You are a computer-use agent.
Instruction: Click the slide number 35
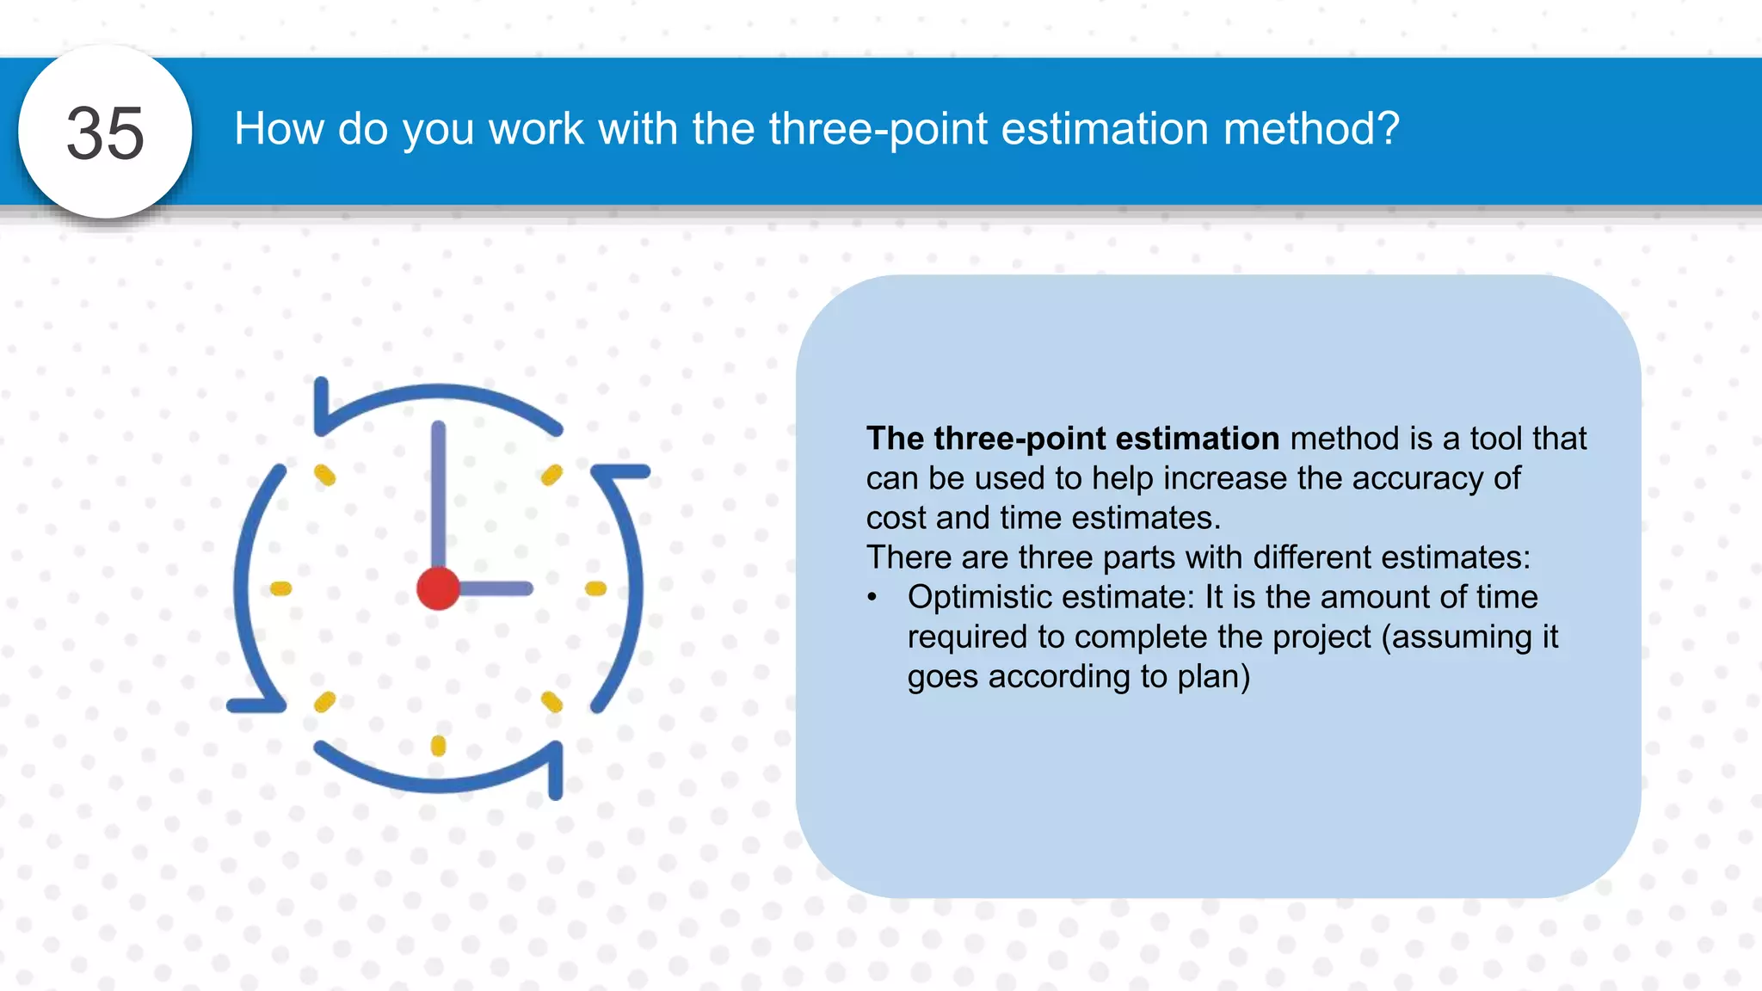[105, 133]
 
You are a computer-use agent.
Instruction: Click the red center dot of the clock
[438, 588]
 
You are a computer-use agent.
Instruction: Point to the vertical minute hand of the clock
[438, 490]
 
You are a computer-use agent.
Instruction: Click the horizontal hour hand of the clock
[495, 588]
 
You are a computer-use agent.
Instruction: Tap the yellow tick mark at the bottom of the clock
[438, 745]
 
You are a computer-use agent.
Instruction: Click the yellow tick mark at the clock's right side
[595, 588]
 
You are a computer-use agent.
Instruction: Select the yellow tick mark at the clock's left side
[281, 588]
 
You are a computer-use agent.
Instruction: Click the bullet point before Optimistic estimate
[872, 597]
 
